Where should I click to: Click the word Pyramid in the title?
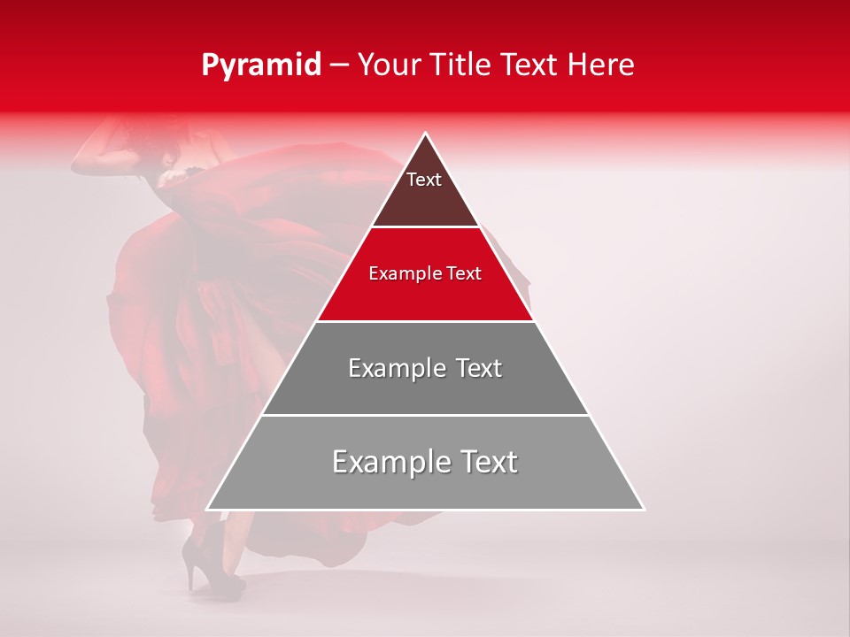260,65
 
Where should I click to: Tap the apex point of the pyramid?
425,134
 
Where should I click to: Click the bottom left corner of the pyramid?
208,509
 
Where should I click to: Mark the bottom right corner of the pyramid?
643,509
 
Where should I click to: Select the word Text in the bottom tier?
485,462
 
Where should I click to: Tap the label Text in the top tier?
424,180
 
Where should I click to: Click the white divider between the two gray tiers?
425,415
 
